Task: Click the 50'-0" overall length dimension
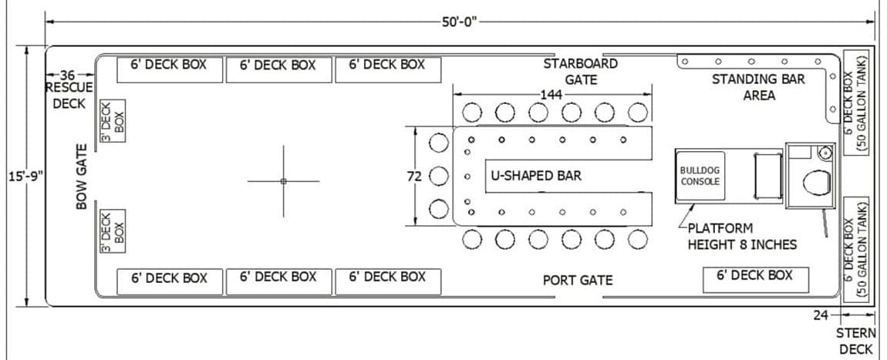[x=460, y=22]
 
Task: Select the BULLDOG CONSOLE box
[x=700, y=177]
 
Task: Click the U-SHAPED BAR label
[x=536, y=176]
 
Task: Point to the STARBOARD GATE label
[x=580, y=72]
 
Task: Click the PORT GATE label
[x=578, y=280]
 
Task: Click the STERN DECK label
[x=856, y=341]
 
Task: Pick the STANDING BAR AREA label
[x=758, y=87]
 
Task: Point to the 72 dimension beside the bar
[x=415, y=177]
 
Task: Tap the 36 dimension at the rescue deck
[x=68, y=76]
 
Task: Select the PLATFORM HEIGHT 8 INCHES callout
[x=742, y=237]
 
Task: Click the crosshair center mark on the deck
[x=283, y=181]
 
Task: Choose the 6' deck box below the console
[x=755, y=279]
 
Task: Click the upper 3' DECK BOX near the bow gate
[x=113, y=122]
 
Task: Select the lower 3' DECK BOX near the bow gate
[x=113, y=231]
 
